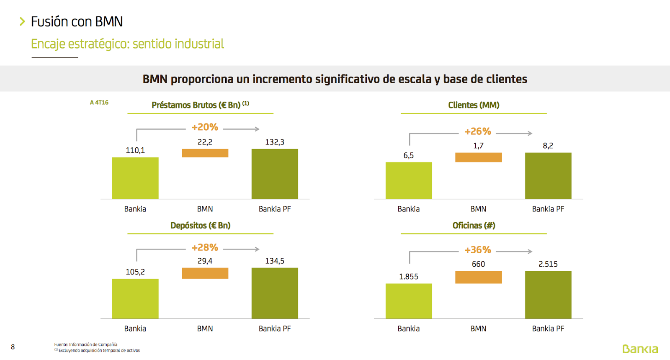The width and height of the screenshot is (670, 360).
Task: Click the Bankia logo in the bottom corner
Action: click(640, 349)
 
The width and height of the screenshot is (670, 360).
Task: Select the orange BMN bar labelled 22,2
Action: click(205, 153)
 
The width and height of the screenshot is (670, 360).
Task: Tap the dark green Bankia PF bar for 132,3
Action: click(275, 174)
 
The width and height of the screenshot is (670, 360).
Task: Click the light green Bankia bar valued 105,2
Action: click(135, 298)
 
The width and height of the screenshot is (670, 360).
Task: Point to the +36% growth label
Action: click(478, 250)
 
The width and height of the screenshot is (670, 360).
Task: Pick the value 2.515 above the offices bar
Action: click(548, 264)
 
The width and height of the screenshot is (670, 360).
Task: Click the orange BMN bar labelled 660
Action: click(478, 277)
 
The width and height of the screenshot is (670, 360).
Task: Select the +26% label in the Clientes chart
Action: click(478, 131)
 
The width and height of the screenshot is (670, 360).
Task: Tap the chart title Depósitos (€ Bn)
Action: click(200, 225)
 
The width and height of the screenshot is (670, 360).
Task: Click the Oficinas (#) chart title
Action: click(474, 225)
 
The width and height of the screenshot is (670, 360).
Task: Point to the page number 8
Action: click(13, 347)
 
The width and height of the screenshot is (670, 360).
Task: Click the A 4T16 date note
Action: click(99, 103)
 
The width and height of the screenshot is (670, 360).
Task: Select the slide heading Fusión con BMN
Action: click(77, 21)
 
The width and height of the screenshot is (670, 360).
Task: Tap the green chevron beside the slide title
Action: click(22, 21)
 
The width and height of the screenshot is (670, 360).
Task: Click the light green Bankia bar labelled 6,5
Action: click(408, 180)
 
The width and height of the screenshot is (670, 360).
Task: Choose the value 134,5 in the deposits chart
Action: click(275, 261)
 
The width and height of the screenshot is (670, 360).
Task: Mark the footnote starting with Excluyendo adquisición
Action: click(99, 350)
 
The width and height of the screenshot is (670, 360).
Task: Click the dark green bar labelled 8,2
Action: click(548, 176)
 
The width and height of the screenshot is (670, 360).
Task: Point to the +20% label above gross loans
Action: click(205, 127)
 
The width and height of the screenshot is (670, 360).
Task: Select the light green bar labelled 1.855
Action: click(408, 301)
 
